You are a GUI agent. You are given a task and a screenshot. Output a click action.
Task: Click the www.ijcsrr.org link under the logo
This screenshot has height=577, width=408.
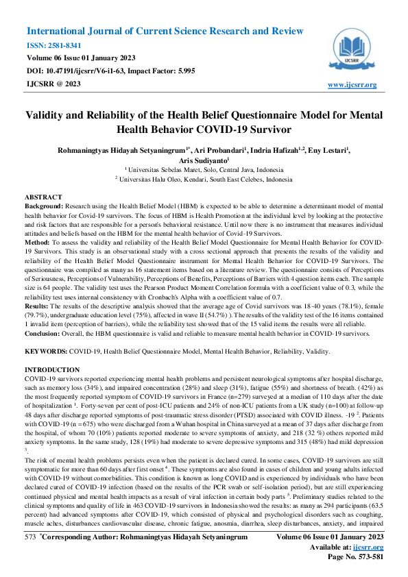352,85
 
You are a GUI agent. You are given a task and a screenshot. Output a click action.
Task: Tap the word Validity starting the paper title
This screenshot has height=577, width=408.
47,116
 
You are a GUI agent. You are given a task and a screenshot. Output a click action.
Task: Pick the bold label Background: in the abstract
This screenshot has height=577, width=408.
45,206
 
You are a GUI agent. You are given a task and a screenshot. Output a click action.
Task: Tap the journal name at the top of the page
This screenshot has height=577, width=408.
165,32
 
